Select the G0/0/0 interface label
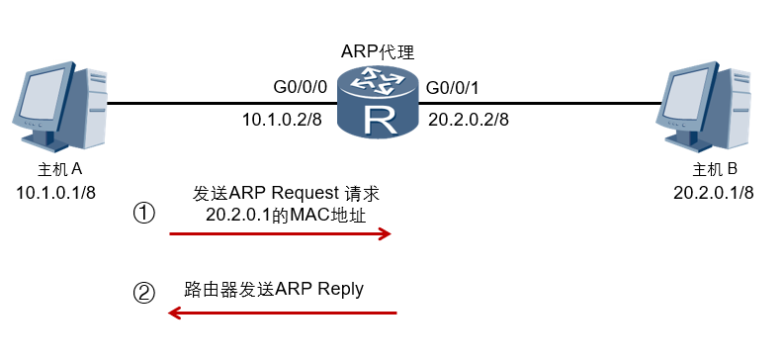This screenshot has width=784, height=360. click(298, 87)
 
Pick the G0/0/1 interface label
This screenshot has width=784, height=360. click(453, 89)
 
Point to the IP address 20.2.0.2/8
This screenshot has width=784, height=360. click(469, 120)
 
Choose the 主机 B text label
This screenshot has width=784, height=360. click(716, 168)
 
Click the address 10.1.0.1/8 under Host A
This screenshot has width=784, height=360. click(56, 191)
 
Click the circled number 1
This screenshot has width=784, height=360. click(145, 213)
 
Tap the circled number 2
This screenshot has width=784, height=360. click(145, 293)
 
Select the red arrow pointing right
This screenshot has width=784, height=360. click(282, 234)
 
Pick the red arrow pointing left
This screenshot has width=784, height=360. click(282, 314)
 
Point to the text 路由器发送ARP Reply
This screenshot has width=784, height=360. click(274, 289)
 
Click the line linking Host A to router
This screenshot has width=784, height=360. click(218, 103)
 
